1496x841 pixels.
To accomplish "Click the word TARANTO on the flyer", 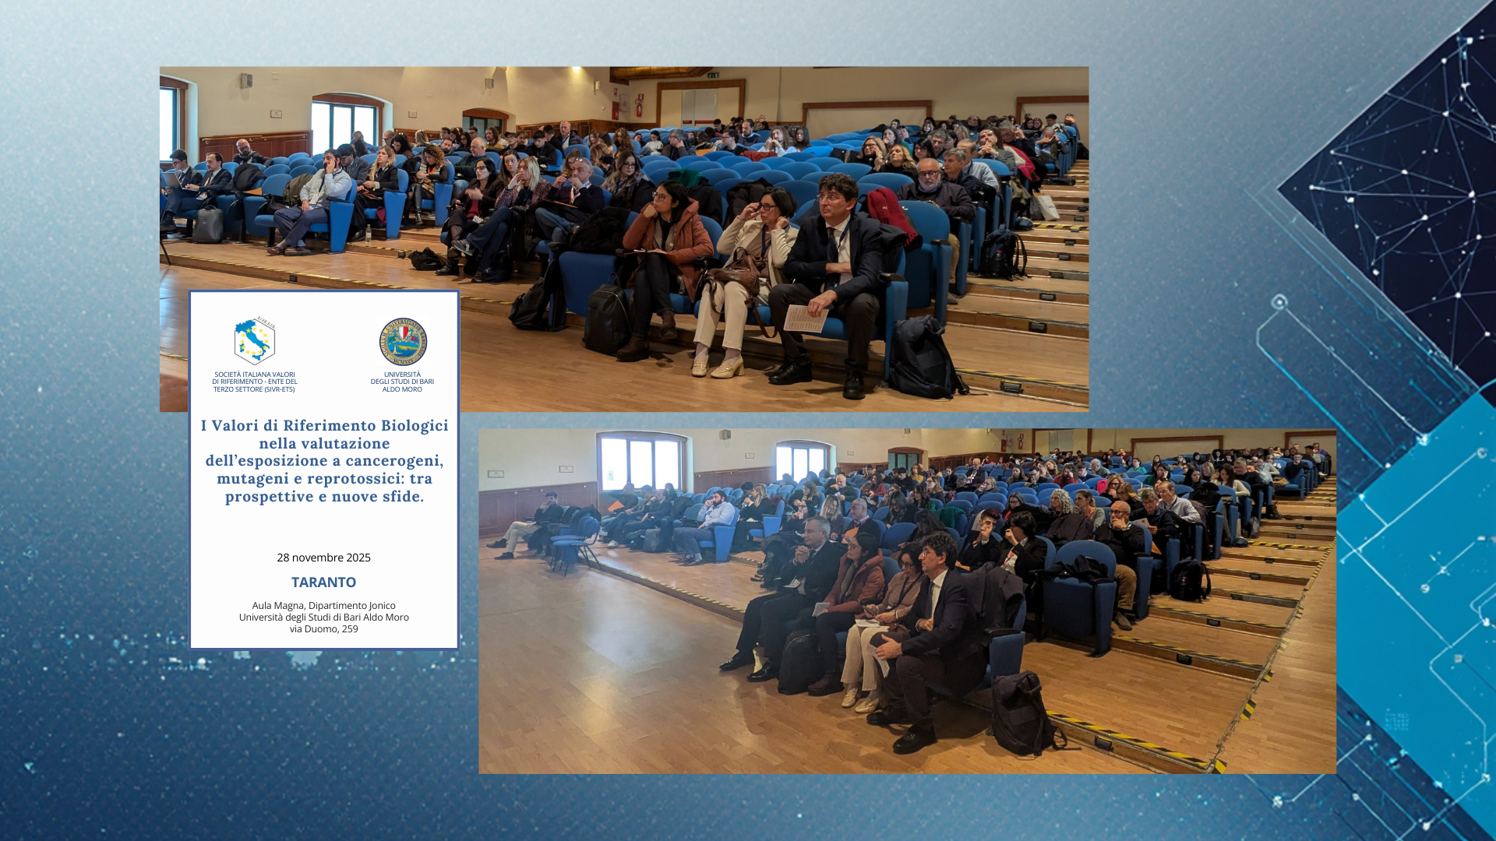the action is tap(323, 582).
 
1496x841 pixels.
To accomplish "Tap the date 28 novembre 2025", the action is tap(323, 558).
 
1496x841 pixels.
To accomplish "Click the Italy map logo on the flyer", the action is tap(254, 341).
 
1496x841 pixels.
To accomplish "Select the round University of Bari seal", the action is tap(403, 342).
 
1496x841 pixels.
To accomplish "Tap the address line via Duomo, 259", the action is tap(323, 629).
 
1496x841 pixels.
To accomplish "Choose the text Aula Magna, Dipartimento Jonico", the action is tap(323, 606).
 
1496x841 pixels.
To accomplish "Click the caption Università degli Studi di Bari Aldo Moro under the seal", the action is tap(402, 382).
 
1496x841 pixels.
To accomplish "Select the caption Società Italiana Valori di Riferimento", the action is tap(255, 382).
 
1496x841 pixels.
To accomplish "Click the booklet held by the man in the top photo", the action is tap(805, 318).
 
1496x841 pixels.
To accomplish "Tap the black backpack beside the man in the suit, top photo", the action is tap(925, 357).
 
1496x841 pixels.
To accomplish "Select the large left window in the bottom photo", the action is tap(640, 462).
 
